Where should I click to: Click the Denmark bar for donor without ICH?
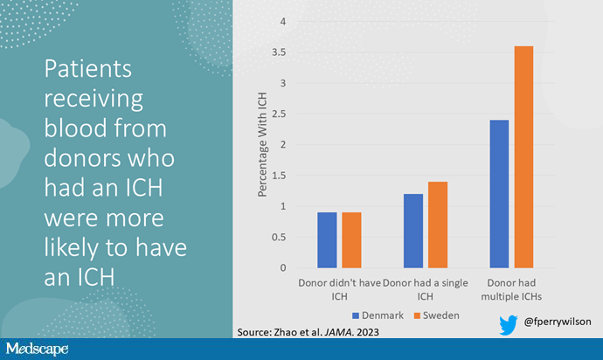coord(327,240)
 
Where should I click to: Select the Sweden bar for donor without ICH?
coord(351,240)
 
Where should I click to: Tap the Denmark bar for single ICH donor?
coord(413,231)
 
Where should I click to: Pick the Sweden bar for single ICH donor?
coord(438,225)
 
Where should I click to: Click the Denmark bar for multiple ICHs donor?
coord(499,194)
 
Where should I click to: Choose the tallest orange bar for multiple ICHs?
coord(523,157)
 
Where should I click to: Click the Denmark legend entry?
coord(378,315)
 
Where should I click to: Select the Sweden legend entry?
coord(436,315)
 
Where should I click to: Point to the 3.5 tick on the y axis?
coord(279,52)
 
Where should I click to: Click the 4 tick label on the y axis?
coord(283,22)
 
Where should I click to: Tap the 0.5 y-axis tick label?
coord(279,238)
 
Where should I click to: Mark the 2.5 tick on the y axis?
coord(279,114)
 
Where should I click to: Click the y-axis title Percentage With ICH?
coord(262,145)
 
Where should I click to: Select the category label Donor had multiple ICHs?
coord(511,289)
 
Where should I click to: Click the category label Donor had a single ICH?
coord(425,289)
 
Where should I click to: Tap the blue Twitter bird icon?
coord(508,325)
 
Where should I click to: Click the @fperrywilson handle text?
coord(558,322)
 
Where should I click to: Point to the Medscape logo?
coord(37,349)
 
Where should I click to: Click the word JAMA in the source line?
coord(339,332)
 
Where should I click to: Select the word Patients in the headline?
coord(87,69)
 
